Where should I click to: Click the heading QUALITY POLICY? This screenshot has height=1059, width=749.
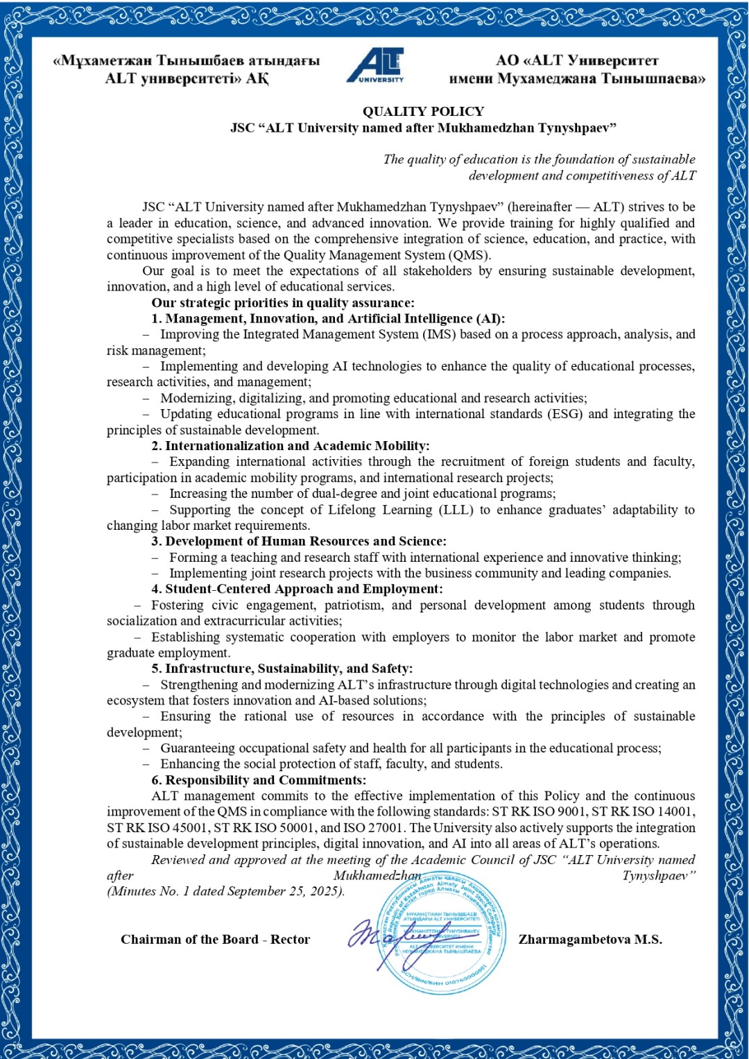coord(423,111)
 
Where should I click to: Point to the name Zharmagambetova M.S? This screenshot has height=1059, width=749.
coord(590,940)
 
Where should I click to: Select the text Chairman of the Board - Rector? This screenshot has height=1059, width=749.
coord(215,940)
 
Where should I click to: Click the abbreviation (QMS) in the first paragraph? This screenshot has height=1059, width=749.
coord(468,255)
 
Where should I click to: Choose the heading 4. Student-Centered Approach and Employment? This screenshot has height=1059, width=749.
coord(297,589)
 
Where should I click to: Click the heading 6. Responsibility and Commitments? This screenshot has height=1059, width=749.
coord(259,780)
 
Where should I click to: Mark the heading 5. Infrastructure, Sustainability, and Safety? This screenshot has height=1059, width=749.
coord(282,669)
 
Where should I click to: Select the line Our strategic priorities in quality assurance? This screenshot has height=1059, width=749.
coord(283,303)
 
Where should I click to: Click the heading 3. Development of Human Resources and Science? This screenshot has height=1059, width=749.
coord(299,541)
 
